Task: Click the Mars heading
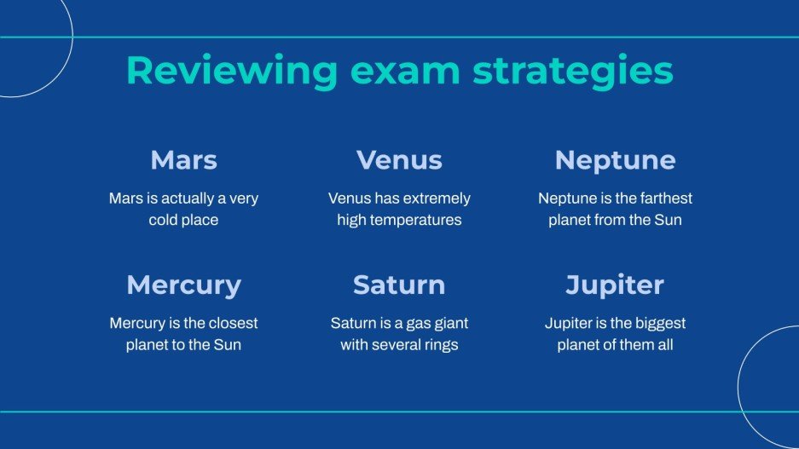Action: pos(183,159)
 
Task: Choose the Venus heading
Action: pos(399,159)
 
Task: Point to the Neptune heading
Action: pos(615,159)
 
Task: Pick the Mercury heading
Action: pos(183,285)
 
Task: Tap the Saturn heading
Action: pos(399,285)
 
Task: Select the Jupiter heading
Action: pos(615,285)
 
